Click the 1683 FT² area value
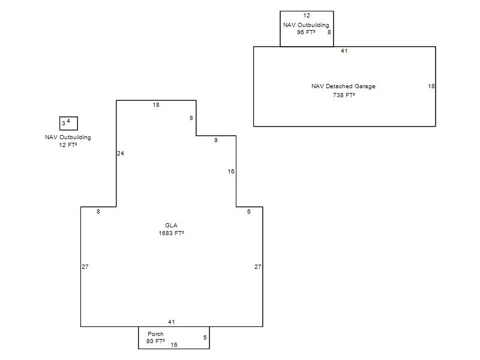[171, 233]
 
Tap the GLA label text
[171, 226]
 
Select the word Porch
[155, 334]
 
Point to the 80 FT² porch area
[155, 341]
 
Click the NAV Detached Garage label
[343, 86]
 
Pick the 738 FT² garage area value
[344, 95]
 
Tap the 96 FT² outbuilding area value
[306, 32]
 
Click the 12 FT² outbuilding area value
[68, 145]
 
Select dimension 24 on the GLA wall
[121, 154]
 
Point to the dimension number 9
[216, 140]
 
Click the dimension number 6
[249, 212]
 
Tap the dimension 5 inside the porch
[205, 337]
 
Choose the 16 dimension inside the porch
[174, 344]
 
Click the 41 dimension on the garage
[344, 51]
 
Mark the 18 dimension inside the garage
[431, 86]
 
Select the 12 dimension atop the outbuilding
[307, 16]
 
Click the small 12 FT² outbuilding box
[68, 117]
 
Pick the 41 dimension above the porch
[172, 322]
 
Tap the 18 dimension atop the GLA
[156, 104]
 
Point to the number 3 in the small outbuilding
[64, 124]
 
